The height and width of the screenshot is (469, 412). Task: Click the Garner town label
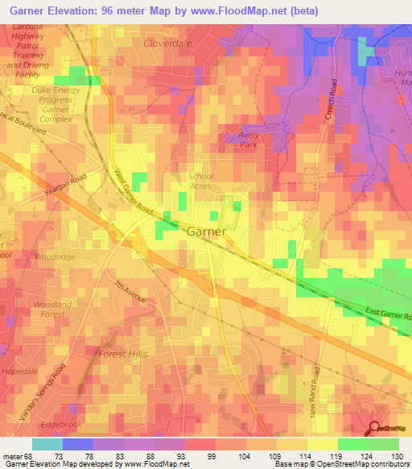click(x=206, y=231)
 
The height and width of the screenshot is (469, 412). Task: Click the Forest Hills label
click(x=123, y=354)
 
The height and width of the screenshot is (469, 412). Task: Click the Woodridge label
click(x=56, y=256)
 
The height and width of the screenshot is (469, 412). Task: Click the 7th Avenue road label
click(x=130, y=292)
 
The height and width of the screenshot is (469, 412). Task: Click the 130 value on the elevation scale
click(x=398, y=458)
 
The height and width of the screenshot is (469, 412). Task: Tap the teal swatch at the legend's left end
click(x=47, y=444)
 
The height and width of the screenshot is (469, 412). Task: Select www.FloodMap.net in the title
click(x=249, y=11)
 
